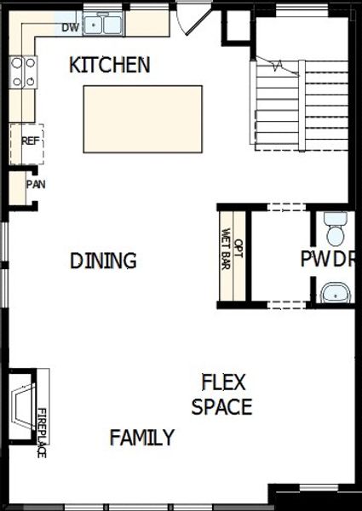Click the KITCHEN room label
tap(109, 65)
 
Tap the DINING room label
tap(103, 261)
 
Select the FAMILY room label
tap(141, 438)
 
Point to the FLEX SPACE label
tap(222, 394)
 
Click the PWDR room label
tap(325, 260)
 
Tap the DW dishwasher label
tap(71, 28)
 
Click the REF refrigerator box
tap(29, 141)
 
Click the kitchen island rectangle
tap(142, 119)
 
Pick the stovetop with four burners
tap(23, 72)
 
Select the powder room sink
tap(335, 293)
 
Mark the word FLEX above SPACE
tap(223, 382)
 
